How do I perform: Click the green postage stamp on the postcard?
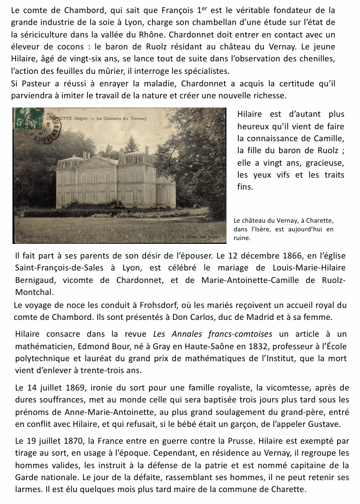pyautogui.click(x=29, y=118)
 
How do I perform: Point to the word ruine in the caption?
pyautogui.click(x=242, y=238)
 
